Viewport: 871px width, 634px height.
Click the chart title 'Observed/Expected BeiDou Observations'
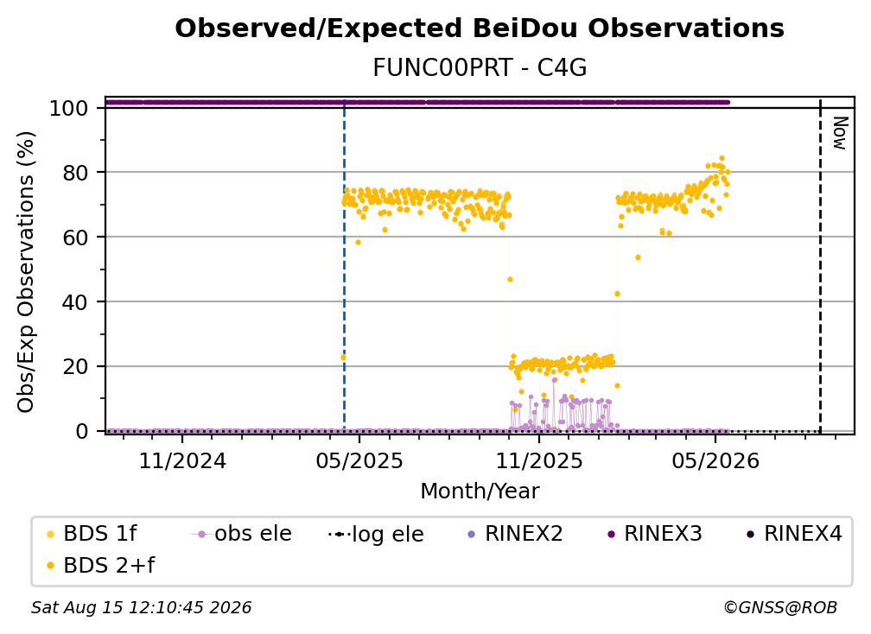coord(480,29)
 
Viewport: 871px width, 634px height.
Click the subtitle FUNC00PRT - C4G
coord(480,68)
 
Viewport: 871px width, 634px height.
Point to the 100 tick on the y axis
coord(69,108)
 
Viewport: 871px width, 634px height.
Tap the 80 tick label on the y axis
coord(75,173)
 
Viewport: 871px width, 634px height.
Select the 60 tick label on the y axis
coord(75,238)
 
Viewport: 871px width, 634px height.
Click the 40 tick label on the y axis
coord(75,302)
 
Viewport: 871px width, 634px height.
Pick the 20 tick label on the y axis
coord(75,367)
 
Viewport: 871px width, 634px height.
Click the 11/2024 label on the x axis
coord(182,460)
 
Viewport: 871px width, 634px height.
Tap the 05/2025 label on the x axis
coord(359,460)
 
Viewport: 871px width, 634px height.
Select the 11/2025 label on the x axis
coord(539,460)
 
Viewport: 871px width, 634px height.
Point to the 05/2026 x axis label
coord(715,460)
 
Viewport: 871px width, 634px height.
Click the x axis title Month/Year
coord(480,491)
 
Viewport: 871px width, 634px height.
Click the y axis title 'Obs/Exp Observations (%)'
coord(26,272)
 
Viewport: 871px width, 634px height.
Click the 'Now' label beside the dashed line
coord(839,133)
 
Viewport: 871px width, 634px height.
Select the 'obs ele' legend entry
coord(241,534)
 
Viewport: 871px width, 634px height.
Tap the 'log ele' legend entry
coord(376,534)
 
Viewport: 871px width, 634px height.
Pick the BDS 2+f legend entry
coord(100,565)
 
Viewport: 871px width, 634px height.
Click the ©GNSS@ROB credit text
coord(780,608)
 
